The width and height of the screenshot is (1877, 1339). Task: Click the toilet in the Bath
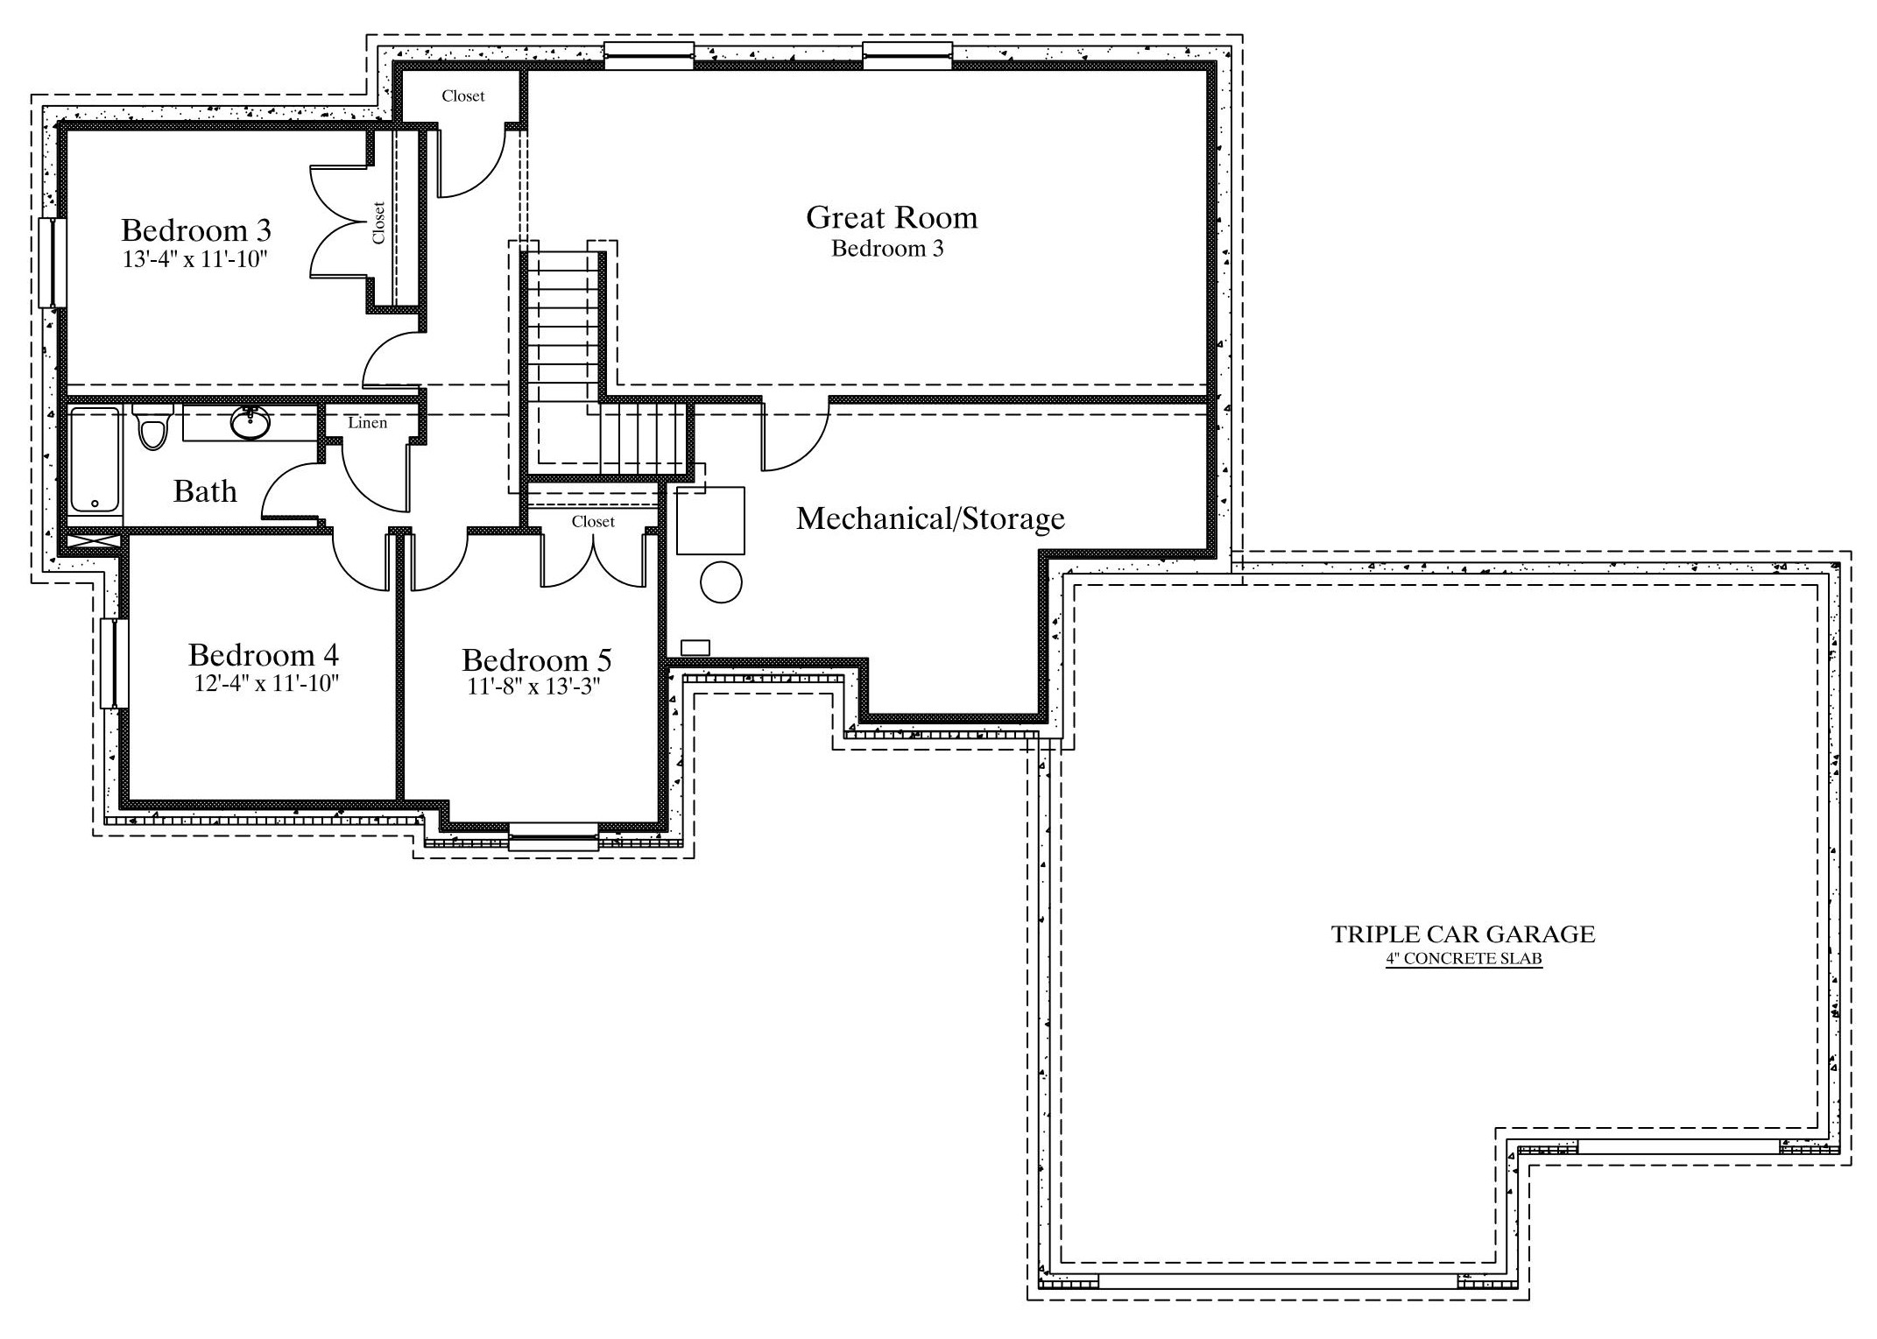pyautogui.click(x=153, y=426)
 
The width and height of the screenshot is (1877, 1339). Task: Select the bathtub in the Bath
pyautogui.click(x=95, y=461)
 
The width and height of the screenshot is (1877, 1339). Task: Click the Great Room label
pyautogui.click(x=892, y=217)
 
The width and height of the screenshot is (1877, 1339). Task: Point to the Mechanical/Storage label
pyautogui.click(x=930, y=519)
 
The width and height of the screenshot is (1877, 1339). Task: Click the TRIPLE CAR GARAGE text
pyautogui.click(x=1463, y=934)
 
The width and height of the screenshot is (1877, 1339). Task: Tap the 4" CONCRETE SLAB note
pyautogui.click(x=1464, y=959)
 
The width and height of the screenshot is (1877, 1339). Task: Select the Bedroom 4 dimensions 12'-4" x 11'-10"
pyautogui.click(x=266, y=683)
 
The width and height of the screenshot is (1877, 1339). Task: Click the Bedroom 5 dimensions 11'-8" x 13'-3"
pyautogui.click(x=533, y=687)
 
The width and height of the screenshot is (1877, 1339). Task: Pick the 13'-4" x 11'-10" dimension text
pyautogui.click(x=194, y=259)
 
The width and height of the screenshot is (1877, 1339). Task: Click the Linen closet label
pyautogui.click(x=368, y=423)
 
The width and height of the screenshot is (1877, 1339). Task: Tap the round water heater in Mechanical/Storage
pyautogui.click(x=722, y=581)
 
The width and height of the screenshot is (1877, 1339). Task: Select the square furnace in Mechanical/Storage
pyautogui.click(x=710, y=520)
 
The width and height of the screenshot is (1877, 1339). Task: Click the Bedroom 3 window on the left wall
pyautogui.click(x=53, y=262)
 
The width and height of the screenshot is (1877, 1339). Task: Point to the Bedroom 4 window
pyautogui.click(x=114, y=663)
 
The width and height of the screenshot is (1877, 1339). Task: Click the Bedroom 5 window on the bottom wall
pyautogui.click(x=554, y=836)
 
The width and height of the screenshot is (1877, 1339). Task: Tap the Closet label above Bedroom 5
pyautogui.click(x=594, y=522)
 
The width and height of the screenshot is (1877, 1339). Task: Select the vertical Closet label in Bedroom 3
pyautogui.click(x=378, y=223)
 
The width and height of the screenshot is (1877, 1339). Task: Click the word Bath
pyautogui.click(x=205, y=491)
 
